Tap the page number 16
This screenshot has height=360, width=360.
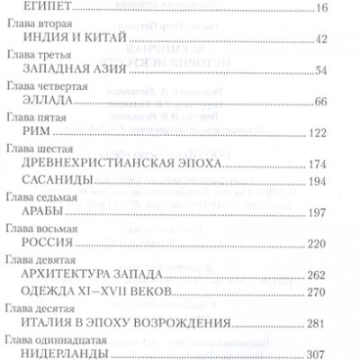point(347,7)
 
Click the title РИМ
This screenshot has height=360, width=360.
point(39,132)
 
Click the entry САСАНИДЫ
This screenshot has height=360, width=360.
point(61,181)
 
